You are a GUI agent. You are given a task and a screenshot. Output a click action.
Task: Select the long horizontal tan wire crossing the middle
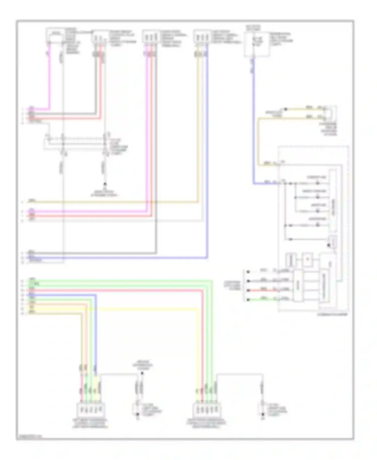(x=113, y=202)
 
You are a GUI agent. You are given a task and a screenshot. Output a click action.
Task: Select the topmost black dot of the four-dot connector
(x=248, y=272)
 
